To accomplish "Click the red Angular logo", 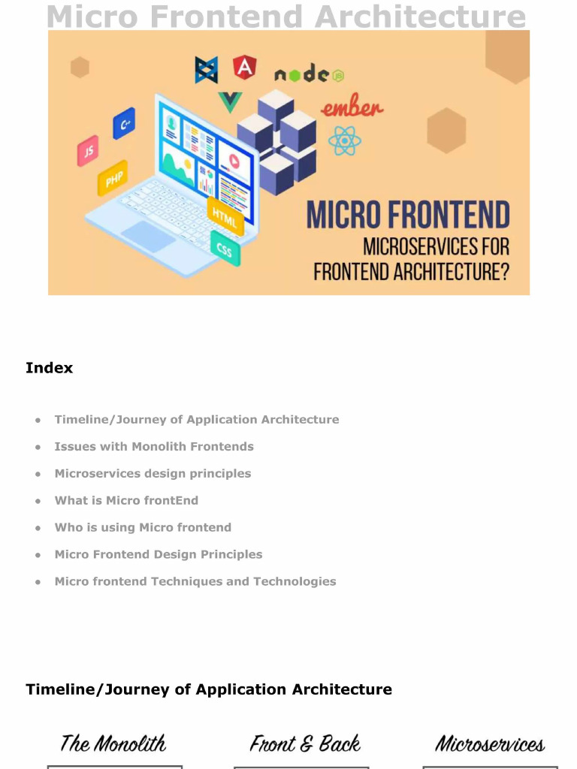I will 244,68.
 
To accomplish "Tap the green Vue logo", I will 230,101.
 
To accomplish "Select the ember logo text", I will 352,108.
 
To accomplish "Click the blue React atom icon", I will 345,141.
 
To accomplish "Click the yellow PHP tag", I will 113,179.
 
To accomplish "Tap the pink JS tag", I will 88,151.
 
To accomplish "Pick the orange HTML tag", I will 225,216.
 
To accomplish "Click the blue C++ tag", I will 124,123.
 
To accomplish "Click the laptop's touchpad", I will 148,236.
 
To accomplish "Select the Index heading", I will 50,368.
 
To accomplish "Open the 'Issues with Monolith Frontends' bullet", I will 154,447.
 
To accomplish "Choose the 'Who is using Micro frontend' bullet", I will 143,528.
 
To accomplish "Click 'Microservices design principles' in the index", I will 153,474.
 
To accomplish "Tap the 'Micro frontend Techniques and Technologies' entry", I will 195,582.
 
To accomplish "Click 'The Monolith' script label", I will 113,744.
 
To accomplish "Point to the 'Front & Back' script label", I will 305,744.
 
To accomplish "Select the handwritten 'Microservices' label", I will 490,744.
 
